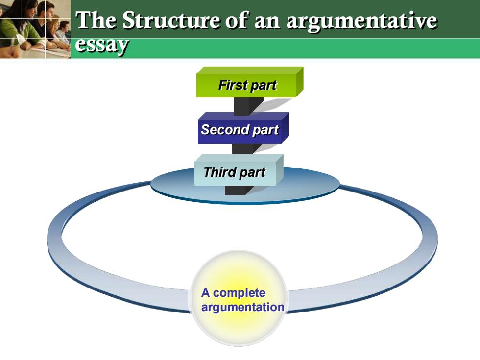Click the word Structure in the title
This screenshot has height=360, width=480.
(x=171, y=20)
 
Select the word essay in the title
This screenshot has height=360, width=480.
(x=102, y=45)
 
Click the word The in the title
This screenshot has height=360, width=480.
(x=96, y=20)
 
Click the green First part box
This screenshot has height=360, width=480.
(x=249, y=82)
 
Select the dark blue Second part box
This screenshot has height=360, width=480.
(x=243, y=128)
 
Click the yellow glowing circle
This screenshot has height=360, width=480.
(x=239, y=298)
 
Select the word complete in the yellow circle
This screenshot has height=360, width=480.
(x=239, y=293)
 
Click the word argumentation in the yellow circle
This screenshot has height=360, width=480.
(x=243, y=307)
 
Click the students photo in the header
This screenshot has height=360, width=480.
(x=35, y=29)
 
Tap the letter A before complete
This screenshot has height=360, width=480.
(x=205, y=293)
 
